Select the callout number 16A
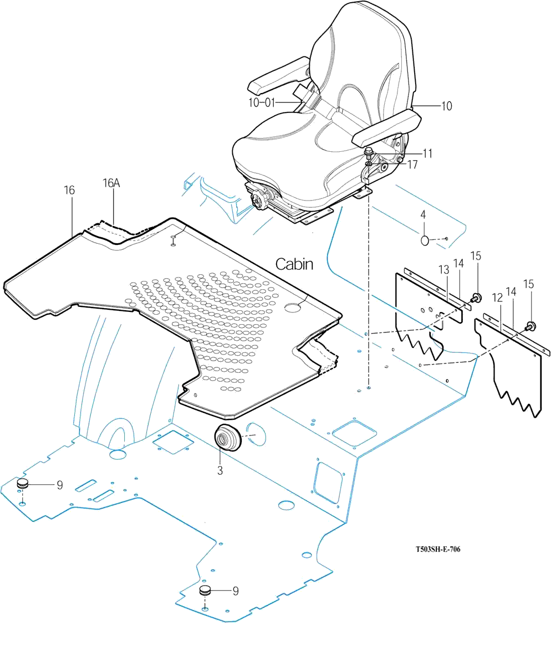(x=111, y=183)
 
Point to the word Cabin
(x=294, y=264)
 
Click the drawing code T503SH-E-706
(x=438, y=550)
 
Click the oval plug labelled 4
(x=425, y=240)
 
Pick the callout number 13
(x=443, y=269)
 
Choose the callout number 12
(x=497, y=298)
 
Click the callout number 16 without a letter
(x=69, y=190)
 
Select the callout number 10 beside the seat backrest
(x=446, y=105)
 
